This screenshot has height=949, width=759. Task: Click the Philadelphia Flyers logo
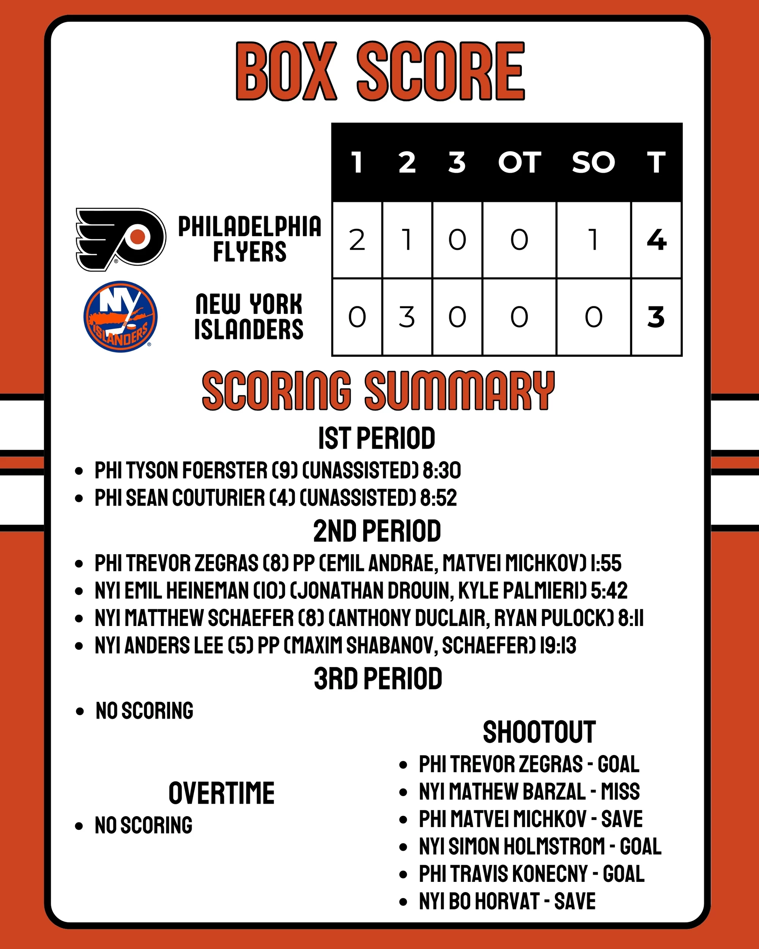pyautogui.click(x=121, y=239)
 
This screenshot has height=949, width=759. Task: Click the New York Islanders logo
pyautogui.click(x=120, y=317)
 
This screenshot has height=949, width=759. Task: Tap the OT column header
pyautogui.click(x=519, y=162)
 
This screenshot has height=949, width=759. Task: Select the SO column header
pyautogui.click(x=593, y=162)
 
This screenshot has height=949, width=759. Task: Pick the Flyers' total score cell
pyautogui.click(x=656, y=240)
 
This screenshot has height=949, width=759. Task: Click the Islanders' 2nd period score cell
pyautogui.click(x=406, y=317)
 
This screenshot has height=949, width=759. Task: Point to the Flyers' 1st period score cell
pyautogui.click(x=357, y=240)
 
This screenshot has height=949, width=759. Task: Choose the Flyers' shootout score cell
pyautogui.click(x=593, y=240)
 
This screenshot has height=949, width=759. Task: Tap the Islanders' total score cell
pyautogui.click(x=656, y=317)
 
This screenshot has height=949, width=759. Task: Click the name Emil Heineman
pyautogui.click(x=187, y=591)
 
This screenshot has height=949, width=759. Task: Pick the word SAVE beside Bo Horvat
pyautogui.click(x=575, y=901)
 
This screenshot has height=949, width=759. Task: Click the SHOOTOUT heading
pyautogui.click(x=539, y=732)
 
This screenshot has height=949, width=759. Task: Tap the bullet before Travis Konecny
pyautogui.click(x=403, y=874)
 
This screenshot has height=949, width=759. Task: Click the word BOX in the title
pyautogui.click(x=287, y=71)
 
